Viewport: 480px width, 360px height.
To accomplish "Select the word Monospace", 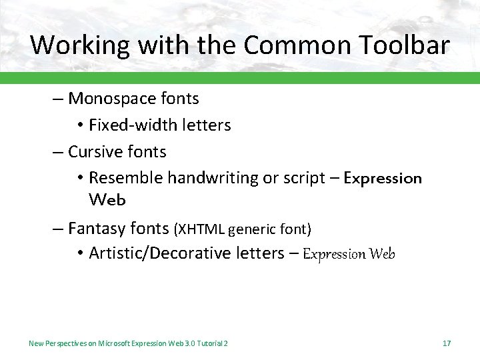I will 113,99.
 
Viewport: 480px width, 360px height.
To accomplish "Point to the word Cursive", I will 94,152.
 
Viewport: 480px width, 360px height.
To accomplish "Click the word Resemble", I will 125,178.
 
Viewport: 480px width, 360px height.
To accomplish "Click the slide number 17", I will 447,343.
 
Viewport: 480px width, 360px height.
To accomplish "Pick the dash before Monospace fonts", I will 58,99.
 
